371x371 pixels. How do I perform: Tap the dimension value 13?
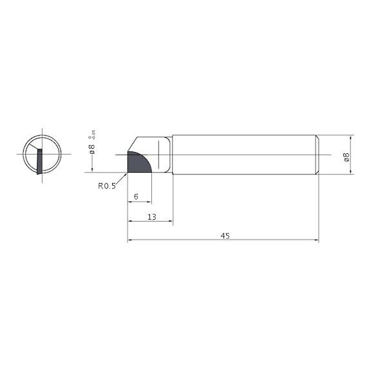pos(151,217)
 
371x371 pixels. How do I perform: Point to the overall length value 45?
pos(225,236)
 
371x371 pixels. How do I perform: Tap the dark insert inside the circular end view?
pos(40,160)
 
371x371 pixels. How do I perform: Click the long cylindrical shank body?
pos(245,155)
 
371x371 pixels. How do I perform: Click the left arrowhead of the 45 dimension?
pos(131,240)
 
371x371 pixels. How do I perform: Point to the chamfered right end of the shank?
pos(316,155)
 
